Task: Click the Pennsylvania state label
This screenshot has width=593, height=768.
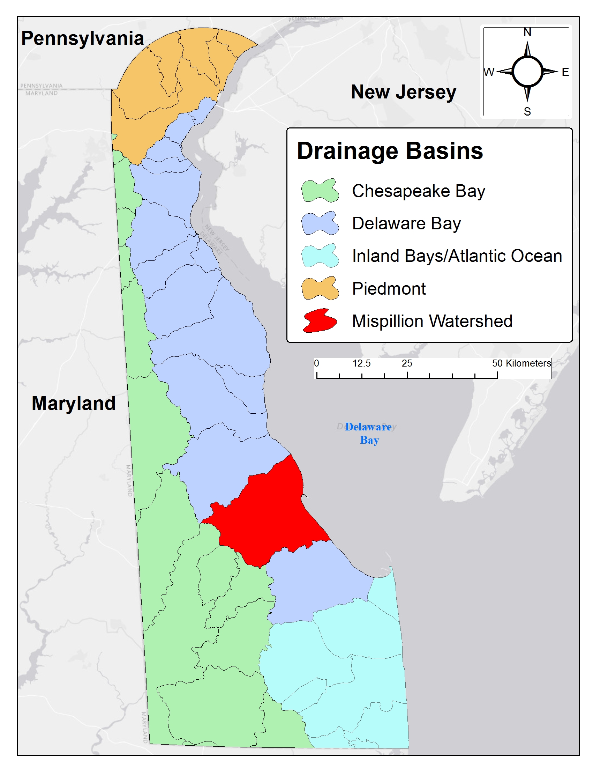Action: [x=83, y=38]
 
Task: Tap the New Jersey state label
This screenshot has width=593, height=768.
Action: [x=403, y=92]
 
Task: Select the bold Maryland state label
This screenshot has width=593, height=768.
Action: [x=74, y=403]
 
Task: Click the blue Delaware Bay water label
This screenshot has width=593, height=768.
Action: [x=368, y=433]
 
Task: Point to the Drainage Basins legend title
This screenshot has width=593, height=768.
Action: [x=390, y=151]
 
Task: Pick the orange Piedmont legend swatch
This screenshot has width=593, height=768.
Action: [x=320, y=288]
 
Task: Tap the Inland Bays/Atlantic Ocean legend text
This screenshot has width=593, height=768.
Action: [x=457, y=256]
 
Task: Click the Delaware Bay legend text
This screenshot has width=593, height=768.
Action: [x=406, y=224]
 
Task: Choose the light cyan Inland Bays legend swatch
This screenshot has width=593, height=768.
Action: [x=320, y=256]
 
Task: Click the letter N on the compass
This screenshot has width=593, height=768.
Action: [x=527, y=32]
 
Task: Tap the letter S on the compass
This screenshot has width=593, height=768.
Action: [x=527, y=111]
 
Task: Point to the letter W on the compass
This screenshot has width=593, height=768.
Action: [x=489, y=72]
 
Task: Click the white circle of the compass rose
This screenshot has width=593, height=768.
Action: [x=527, y=72]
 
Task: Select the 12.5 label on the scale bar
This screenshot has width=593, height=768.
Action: [x=361, y=363]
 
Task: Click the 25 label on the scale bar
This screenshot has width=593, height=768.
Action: [x=407, y=363]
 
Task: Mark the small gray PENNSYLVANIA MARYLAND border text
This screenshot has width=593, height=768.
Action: [x=42, y=89]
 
